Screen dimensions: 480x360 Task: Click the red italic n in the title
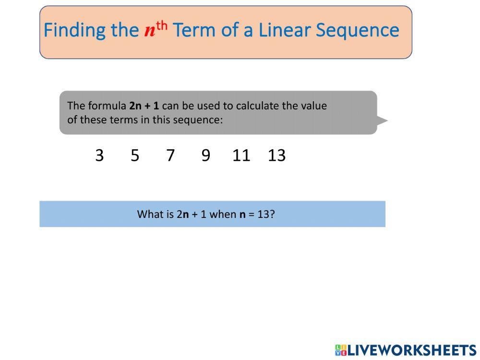150,31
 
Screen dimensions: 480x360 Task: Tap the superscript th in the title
162,26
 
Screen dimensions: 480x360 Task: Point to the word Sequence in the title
357,31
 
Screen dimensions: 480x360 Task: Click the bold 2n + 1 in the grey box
144,106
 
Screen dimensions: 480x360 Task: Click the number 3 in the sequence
99,155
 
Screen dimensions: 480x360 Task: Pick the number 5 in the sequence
135,155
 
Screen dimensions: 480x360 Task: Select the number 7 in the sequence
170,155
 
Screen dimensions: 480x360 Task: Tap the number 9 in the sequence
206,155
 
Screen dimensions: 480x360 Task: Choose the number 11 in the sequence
241,155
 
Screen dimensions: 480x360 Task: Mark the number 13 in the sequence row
277,155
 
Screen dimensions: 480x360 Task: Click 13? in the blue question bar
266,214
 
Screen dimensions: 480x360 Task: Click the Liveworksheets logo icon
341,350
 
